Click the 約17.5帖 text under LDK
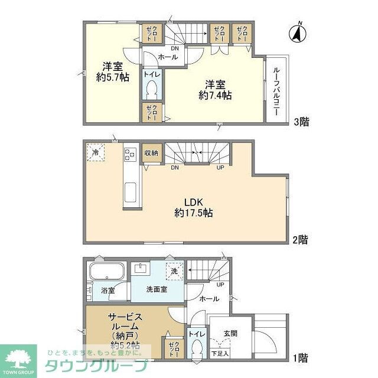click(194, 213)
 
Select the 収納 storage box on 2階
click(151, 153)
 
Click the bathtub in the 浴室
click(106, 273)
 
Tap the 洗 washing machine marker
click(175, 271)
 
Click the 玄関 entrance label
click(230, 334)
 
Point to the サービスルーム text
click(123, 322)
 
